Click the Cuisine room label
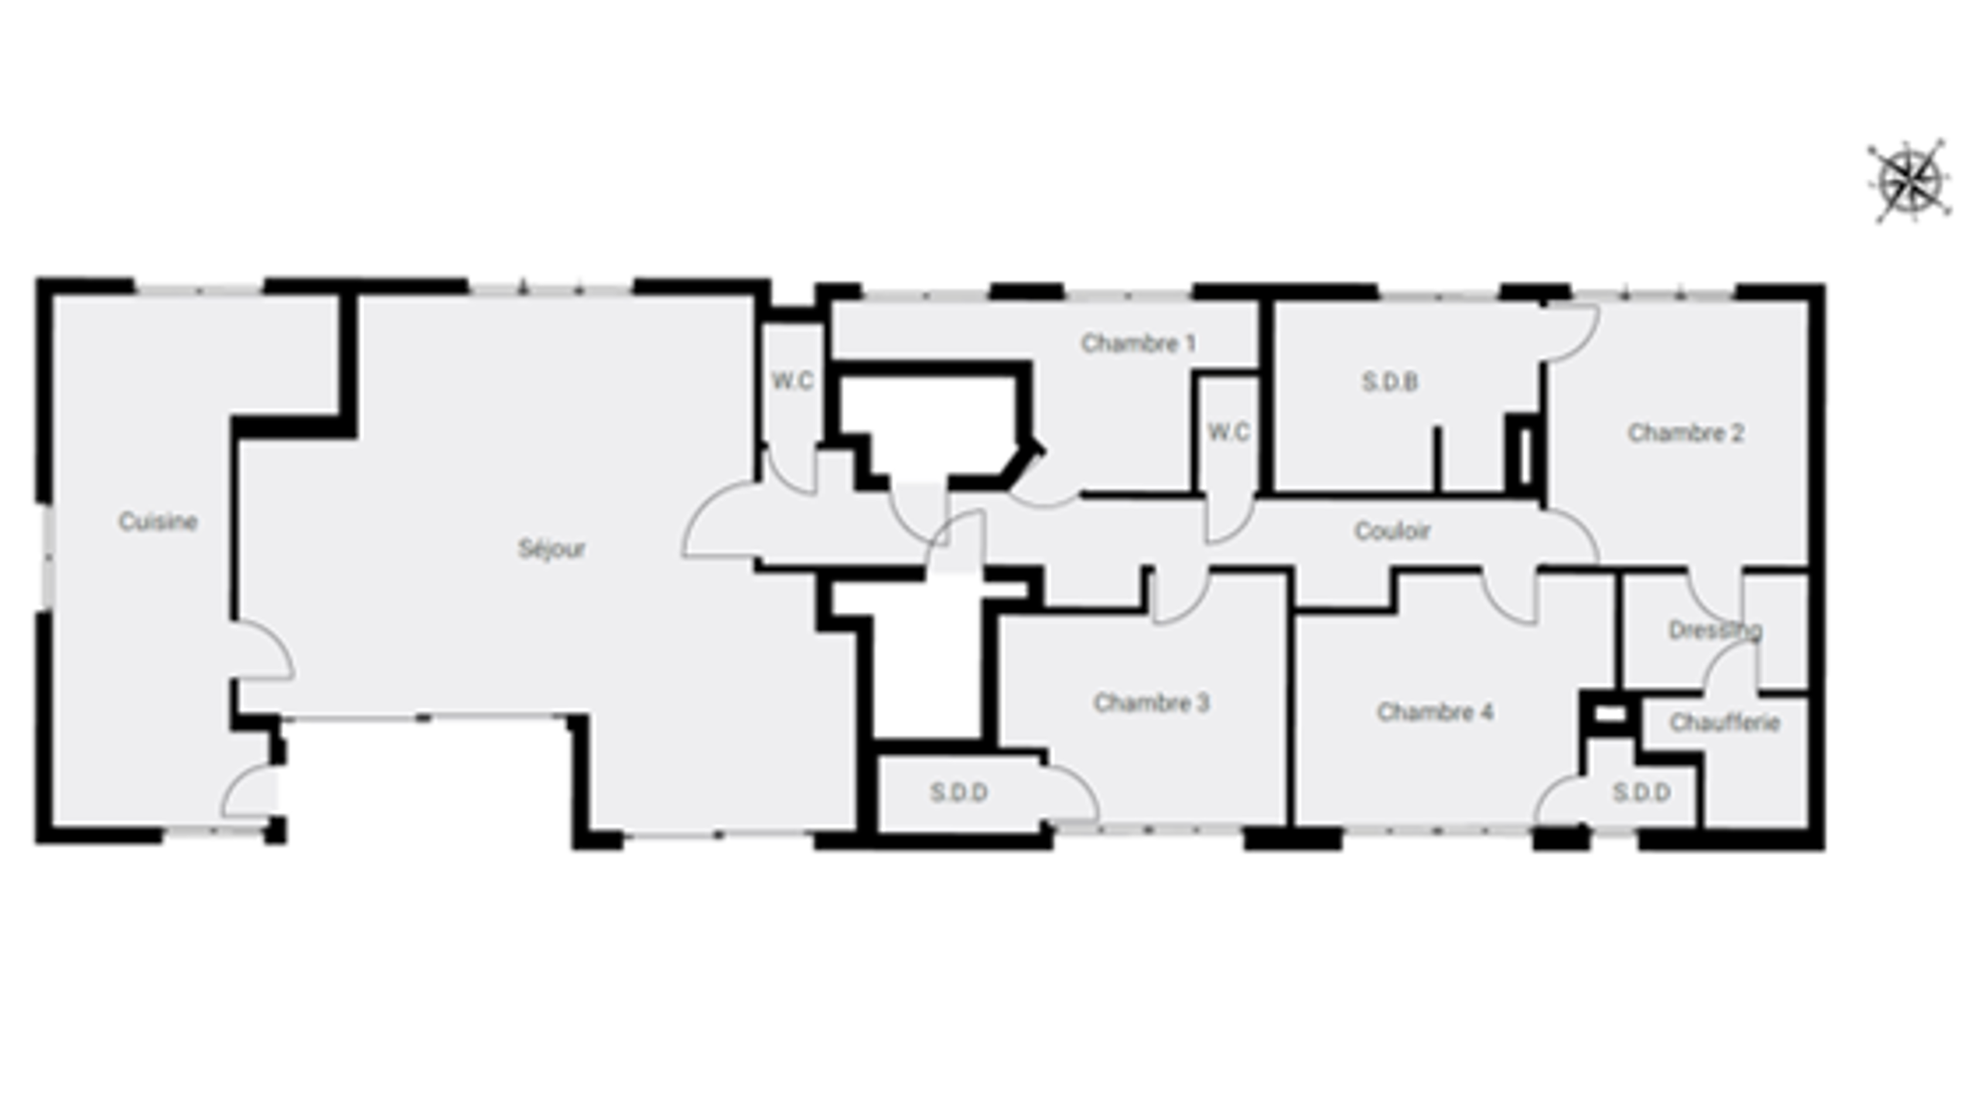(158, 521)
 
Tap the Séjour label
(552, 548)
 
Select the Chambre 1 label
(1139, 343)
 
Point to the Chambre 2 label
(1686, 432)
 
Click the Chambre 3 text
(1152, 702)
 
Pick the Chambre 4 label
(1436, 712)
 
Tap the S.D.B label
(1390, 382)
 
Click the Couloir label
(1392, 531)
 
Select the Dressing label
(1716, 631)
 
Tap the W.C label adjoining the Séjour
(793, 381)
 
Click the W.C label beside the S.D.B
(1229, 432)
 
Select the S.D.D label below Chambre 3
(959, 793)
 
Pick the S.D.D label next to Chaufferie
(1641, 793)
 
